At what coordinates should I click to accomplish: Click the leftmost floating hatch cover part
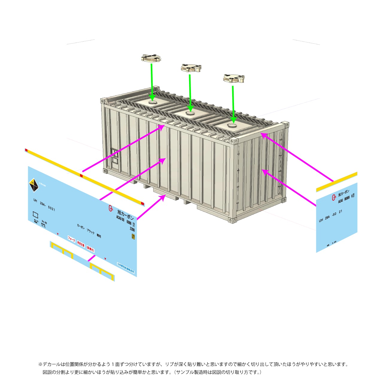point(151,58)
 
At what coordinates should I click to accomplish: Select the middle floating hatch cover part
point(191,68)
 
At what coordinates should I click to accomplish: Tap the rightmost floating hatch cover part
point(234,79)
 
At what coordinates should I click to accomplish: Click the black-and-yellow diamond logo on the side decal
point(34,185)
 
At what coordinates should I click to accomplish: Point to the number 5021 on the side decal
point(51,208)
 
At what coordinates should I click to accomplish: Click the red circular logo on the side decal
point(111,208)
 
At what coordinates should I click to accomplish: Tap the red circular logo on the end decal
point(334,197)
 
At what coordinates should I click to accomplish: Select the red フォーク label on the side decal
point(71,239)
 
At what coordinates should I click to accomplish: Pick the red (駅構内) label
point(90,249)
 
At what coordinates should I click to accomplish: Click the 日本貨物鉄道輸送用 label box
point(126,268)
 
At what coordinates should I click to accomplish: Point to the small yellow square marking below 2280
point(133,237)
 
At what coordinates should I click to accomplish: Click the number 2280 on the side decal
point(132,229)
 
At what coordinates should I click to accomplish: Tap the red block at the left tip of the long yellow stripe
point(26,150)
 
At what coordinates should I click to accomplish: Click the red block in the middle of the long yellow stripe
point(81,176)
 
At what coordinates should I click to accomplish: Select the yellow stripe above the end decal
point(337,182)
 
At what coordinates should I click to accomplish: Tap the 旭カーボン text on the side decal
point(125,214)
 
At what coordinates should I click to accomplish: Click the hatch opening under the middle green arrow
point(190,113)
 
